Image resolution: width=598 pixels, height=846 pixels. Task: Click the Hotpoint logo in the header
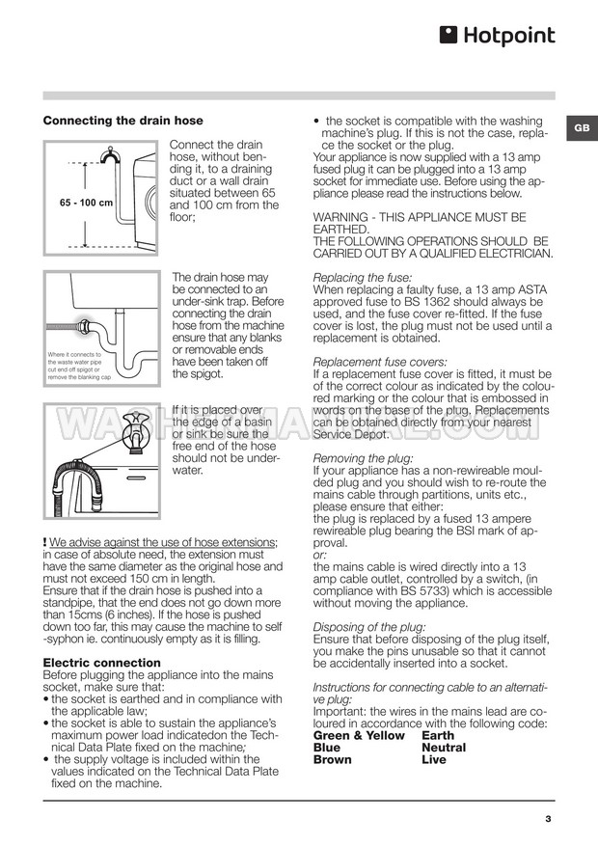coord(498,36)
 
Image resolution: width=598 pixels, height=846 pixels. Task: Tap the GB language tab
coord(582,128)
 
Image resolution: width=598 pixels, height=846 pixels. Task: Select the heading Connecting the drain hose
coord(123,121)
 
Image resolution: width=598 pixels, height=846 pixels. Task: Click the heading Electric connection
coord(102,663)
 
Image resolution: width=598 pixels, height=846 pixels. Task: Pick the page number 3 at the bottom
coord(548,820)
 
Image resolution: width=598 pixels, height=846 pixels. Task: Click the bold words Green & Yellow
coord(360,735)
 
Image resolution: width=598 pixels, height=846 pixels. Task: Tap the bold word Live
coord(435,760)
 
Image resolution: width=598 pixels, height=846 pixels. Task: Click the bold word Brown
coord(334,760)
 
